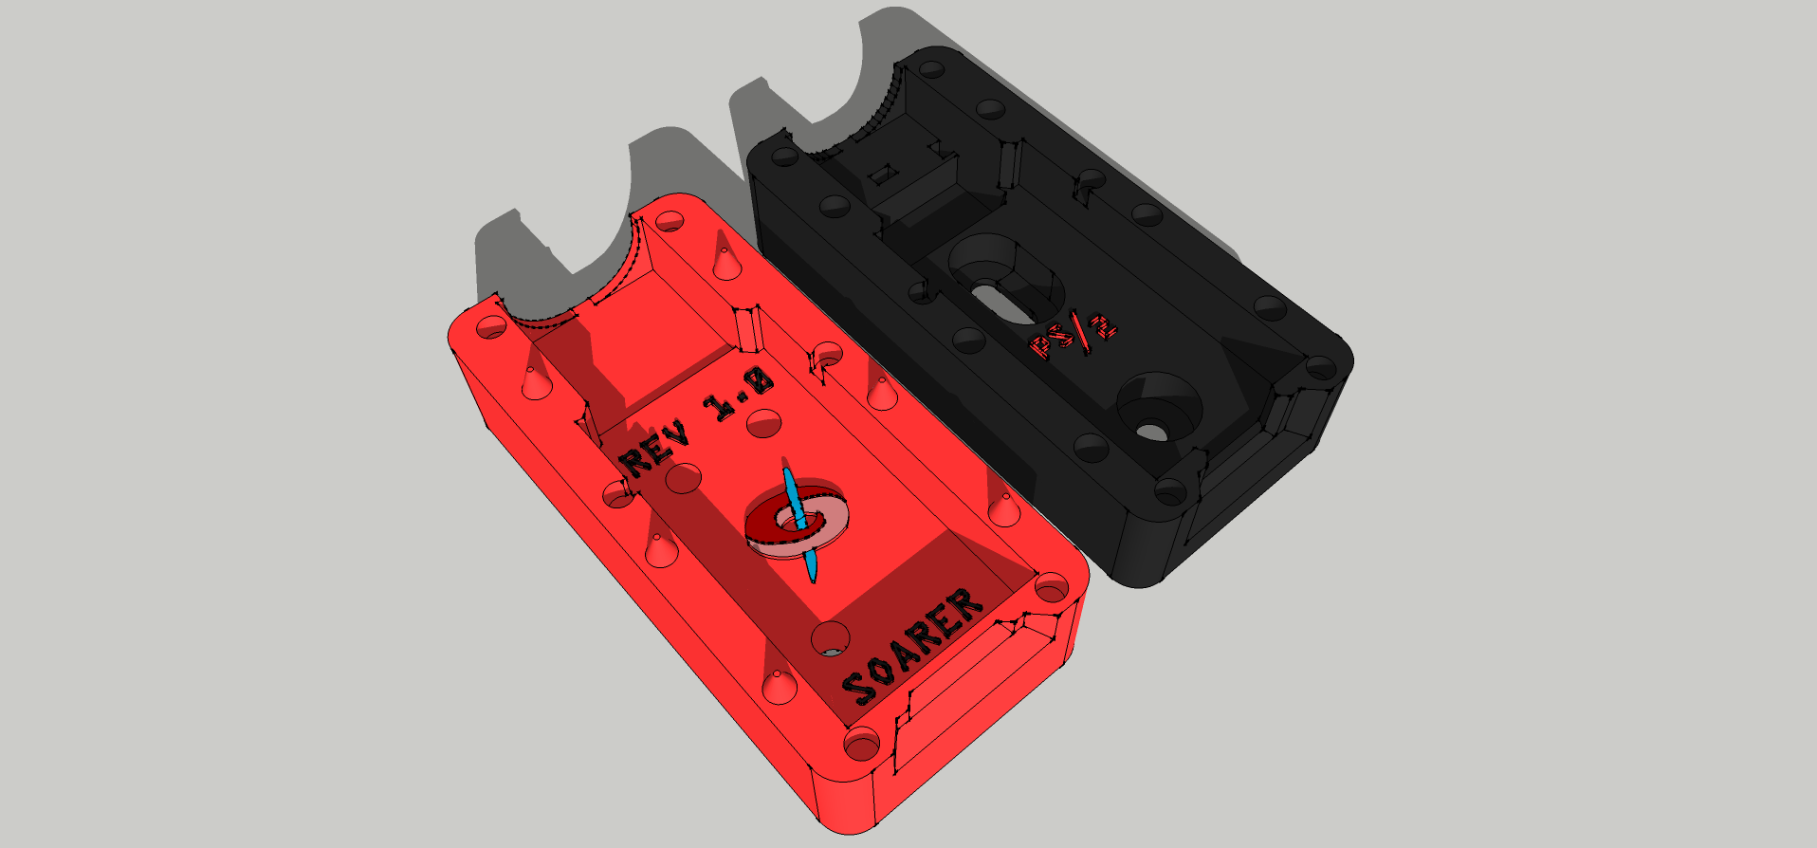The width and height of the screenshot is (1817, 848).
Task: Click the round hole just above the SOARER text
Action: (x=830, y=637)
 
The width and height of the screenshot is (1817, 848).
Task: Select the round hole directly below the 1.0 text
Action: (x=764, y=423)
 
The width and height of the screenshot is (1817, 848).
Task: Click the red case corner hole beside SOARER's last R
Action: (x=1051, y=589)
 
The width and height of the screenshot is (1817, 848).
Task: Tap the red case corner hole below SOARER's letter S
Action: (x=861, y=745)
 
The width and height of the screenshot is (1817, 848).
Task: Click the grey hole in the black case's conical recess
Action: (x=1151, y=432)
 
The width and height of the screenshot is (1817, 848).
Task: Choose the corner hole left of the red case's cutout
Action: (x=491, y=329)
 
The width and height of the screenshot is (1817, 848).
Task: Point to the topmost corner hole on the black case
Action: (x=933, y=69)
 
